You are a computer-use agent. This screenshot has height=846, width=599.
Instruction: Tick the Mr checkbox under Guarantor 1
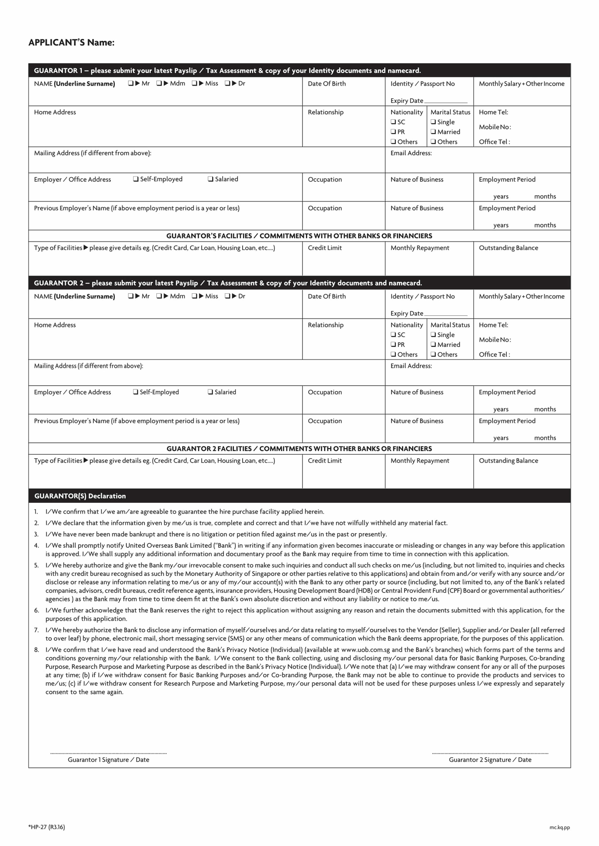131,83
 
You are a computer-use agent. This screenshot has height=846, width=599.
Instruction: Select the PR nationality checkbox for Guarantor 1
393,132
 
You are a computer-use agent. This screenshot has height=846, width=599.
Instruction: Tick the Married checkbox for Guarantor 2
433,344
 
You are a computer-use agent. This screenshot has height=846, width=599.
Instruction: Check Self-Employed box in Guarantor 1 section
136,179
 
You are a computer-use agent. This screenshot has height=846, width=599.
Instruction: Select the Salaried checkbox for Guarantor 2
210,392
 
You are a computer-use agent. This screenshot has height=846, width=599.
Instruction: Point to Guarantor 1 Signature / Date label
109,760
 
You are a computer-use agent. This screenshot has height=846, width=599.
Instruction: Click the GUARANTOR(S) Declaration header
80,496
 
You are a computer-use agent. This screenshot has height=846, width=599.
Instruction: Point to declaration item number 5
36,565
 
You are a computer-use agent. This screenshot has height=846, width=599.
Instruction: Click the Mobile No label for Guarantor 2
495,340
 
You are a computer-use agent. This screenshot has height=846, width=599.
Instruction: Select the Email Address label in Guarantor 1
411,153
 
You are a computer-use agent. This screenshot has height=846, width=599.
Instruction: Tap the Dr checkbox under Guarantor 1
227,83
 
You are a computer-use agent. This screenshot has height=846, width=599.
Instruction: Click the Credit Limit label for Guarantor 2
325,461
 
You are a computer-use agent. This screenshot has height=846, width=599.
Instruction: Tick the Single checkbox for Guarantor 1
433,122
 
